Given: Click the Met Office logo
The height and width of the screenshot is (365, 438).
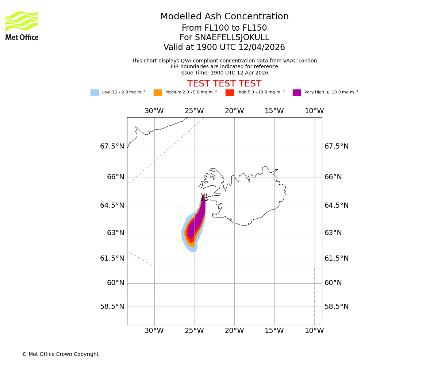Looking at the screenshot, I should coord(22,26).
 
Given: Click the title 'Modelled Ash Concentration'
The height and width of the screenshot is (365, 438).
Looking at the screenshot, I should coord(224,17).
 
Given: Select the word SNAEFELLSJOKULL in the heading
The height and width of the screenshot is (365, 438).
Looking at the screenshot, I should coord(233,38).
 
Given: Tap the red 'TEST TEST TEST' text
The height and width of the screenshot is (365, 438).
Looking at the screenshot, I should coord(224,84).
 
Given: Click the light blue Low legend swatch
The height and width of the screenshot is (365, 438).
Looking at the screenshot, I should coord(95,93).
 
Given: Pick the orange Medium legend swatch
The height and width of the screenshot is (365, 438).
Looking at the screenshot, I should coord(158,93).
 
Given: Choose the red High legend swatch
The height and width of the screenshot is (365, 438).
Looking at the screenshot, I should coord(230,93).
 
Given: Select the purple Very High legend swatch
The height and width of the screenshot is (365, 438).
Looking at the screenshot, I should coord(297,93).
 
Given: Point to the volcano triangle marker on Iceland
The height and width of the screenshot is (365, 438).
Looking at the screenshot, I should coord(204,198).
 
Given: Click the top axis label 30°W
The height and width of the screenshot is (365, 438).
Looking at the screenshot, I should coord(154,111).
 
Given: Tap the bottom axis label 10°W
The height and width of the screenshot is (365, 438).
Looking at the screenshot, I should coord(314,331).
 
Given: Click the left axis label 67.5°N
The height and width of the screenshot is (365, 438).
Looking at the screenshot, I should coord(112,146).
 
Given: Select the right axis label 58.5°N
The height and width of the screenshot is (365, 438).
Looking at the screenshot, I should coord(337,307).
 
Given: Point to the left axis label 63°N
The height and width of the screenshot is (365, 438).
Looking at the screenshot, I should coord(116,233).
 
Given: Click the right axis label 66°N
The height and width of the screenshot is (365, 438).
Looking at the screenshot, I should coord(333,177).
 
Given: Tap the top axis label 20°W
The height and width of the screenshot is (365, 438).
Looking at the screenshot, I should coord(234,111).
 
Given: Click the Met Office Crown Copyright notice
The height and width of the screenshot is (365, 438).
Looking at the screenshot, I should coord(60,354).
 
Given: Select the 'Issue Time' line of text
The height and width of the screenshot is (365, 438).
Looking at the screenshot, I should coord(224,73).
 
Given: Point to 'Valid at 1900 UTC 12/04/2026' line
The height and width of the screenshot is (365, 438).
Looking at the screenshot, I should coord(224,47).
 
